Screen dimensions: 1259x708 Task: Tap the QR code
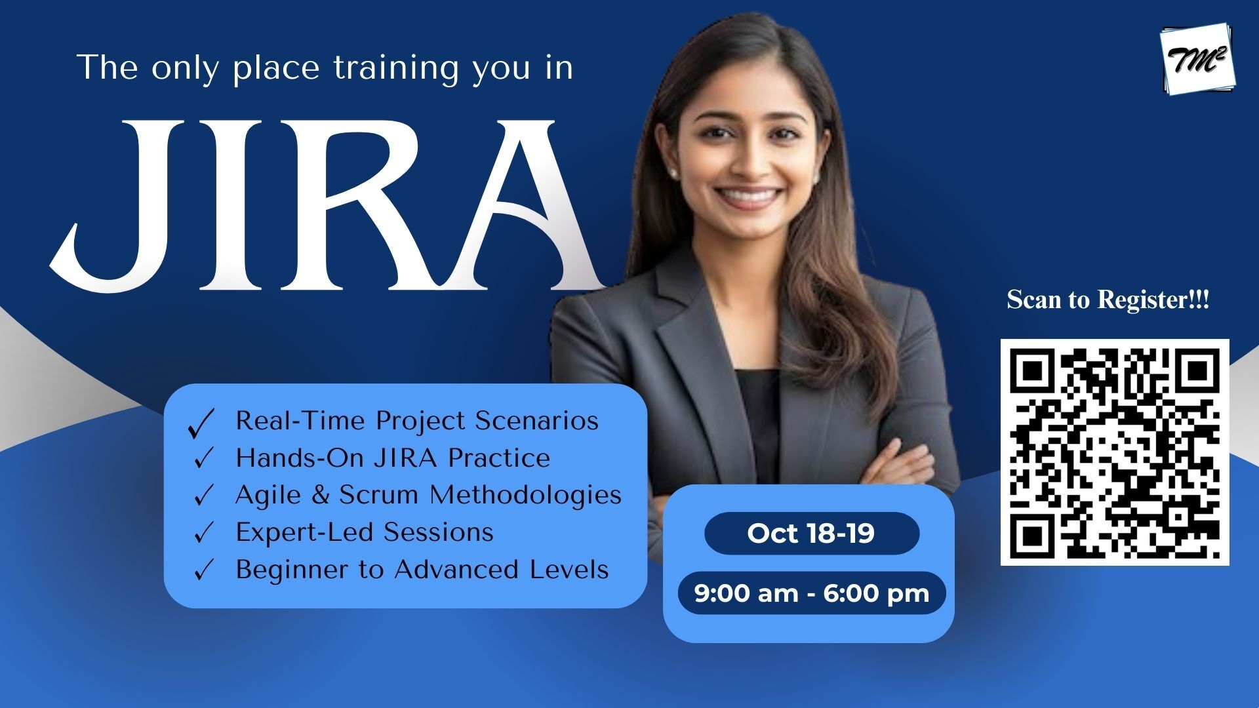(1115, 452)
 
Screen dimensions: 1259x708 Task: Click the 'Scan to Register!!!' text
(1108, 300)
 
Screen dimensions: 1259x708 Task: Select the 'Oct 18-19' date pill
(812, 533)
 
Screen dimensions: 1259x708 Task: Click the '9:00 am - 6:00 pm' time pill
(812, 593)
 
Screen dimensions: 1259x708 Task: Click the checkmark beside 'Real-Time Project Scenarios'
(201, 423)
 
